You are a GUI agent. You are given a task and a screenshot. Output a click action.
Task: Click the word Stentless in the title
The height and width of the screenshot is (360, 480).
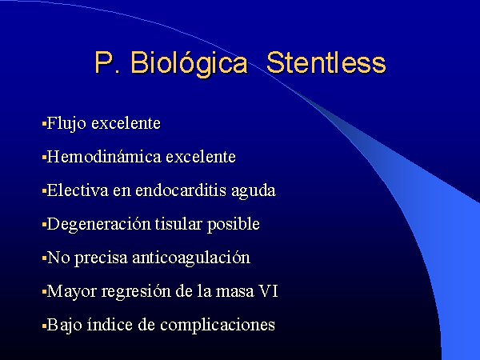tap(326, 62)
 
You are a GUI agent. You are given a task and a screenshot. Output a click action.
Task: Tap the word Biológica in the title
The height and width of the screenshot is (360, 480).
tap(189, 64)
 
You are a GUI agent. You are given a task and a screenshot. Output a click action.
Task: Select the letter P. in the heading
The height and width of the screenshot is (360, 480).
tap(107, 62)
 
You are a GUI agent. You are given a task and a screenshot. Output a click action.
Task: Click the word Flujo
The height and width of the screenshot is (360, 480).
tap(66, 124)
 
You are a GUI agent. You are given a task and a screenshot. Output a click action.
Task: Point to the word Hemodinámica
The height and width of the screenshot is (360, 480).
tap(104, 157)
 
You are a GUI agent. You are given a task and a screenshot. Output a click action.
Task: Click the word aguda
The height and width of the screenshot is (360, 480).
tap(254, 191)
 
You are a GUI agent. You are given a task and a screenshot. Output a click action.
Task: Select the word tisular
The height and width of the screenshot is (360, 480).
tap(178, 224)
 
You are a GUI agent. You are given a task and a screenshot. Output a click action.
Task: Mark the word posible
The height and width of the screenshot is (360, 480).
tap(234, 225)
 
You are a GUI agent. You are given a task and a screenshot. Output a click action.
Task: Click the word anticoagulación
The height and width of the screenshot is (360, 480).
tap(191, 258)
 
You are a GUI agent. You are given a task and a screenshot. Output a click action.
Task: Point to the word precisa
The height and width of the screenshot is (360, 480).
tap(101, 259)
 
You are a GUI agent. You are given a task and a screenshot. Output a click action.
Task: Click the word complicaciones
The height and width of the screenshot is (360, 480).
tap(218, 326)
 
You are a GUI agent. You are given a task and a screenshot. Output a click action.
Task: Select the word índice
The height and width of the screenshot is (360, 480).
tap(110, 325)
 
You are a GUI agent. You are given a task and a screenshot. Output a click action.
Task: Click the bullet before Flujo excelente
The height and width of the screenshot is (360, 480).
tap(44, 124)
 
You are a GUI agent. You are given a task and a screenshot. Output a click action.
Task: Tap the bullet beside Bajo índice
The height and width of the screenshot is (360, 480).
tap(44, 326)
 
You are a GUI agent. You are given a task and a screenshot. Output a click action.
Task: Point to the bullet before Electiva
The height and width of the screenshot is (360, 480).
tap(44, 191)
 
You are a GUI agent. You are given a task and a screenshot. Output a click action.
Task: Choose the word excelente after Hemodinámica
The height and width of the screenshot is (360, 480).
tap(201, 157)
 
